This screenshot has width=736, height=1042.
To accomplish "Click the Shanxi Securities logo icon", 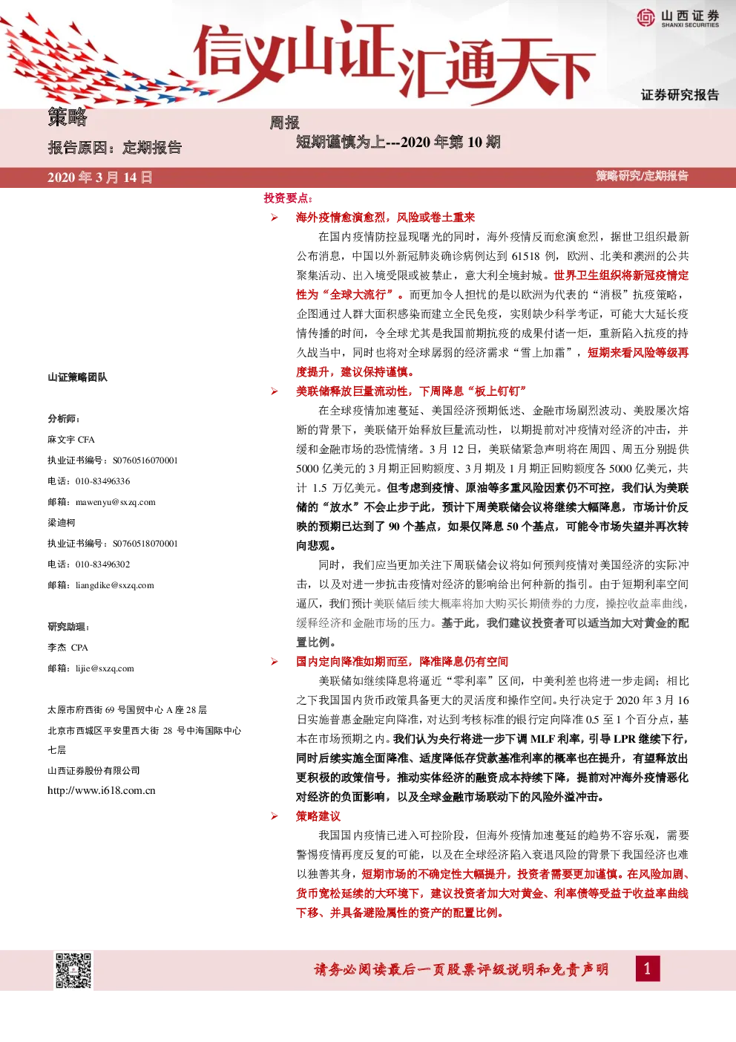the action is coord(646,18).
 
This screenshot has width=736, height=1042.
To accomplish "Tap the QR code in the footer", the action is coord(73,971).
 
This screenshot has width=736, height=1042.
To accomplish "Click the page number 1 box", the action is coord(648,969).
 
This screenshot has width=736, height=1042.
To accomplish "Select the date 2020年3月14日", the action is coord(100,178).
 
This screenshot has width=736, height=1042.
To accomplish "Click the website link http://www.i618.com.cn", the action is coord(102,790).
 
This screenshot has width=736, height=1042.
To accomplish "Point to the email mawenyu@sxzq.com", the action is coord(116,502).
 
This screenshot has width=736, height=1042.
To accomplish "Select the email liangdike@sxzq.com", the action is coord(115,585).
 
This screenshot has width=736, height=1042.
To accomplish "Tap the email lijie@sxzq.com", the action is coord(105,668).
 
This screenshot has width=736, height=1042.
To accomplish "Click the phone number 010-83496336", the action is coord(102,481).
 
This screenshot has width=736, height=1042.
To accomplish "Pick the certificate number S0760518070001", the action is coord(145,544).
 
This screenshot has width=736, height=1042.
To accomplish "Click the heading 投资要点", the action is coord(286,198).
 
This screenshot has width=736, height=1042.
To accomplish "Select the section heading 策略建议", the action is coord(318,816).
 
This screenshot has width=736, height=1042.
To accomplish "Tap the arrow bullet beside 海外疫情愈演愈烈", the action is coord(275,218).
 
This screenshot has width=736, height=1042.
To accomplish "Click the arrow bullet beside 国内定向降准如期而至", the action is coord(275,662).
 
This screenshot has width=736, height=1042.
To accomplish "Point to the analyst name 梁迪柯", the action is coord(62,522).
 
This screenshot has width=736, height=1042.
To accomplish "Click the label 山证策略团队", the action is coord(78,377).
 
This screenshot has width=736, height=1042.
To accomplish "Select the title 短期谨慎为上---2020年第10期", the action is coord(398,141).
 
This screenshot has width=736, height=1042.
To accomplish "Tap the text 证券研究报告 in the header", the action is coord(680,95).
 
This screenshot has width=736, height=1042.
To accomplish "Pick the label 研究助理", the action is coord(67,627).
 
